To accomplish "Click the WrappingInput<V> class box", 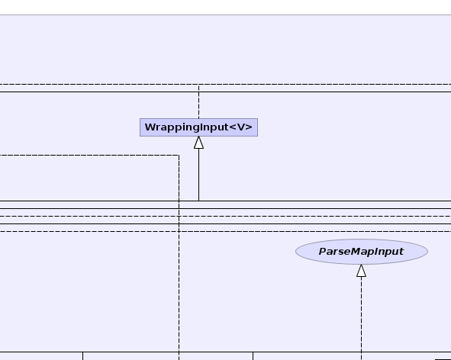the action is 198,127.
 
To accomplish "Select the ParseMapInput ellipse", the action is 362,252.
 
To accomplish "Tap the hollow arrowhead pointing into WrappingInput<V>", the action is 198,143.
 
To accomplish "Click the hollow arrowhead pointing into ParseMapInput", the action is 361,271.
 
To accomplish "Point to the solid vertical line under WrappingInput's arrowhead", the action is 198,175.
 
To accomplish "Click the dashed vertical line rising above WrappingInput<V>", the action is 198,101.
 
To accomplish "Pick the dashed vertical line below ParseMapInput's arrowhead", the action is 361,318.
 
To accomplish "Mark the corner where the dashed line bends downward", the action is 179,156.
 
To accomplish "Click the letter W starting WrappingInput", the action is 150,127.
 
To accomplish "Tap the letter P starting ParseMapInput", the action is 323,252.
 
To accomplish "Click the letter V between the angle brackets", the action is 240,127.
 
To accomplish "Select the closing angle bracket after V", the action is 249,127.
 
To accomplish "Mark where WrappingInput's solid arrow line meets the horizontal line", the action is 198,201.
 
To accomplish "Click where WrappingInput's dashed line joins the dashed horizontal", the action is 198,84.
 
